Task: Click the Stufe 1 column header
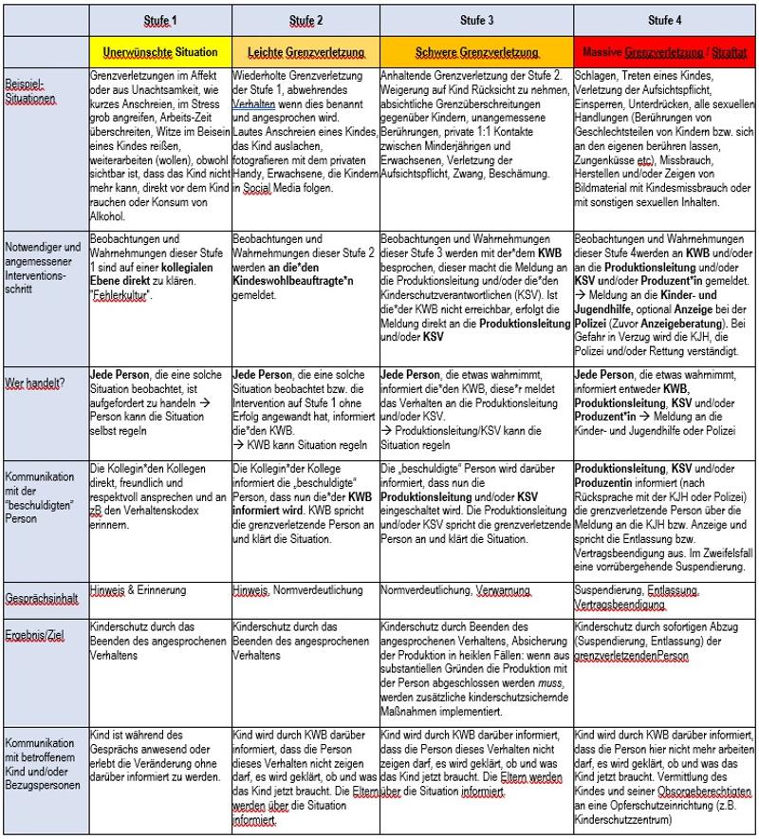(160, 20)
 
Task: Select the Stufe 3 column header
(476, 20)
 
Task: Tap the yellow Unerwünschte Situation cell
(160, 50)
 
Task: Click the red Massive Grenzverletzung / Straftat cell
(664, 50)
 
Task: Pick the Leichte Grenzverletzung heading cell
(305, 50)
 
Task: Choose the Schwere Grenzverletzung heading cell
(476, 50)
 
